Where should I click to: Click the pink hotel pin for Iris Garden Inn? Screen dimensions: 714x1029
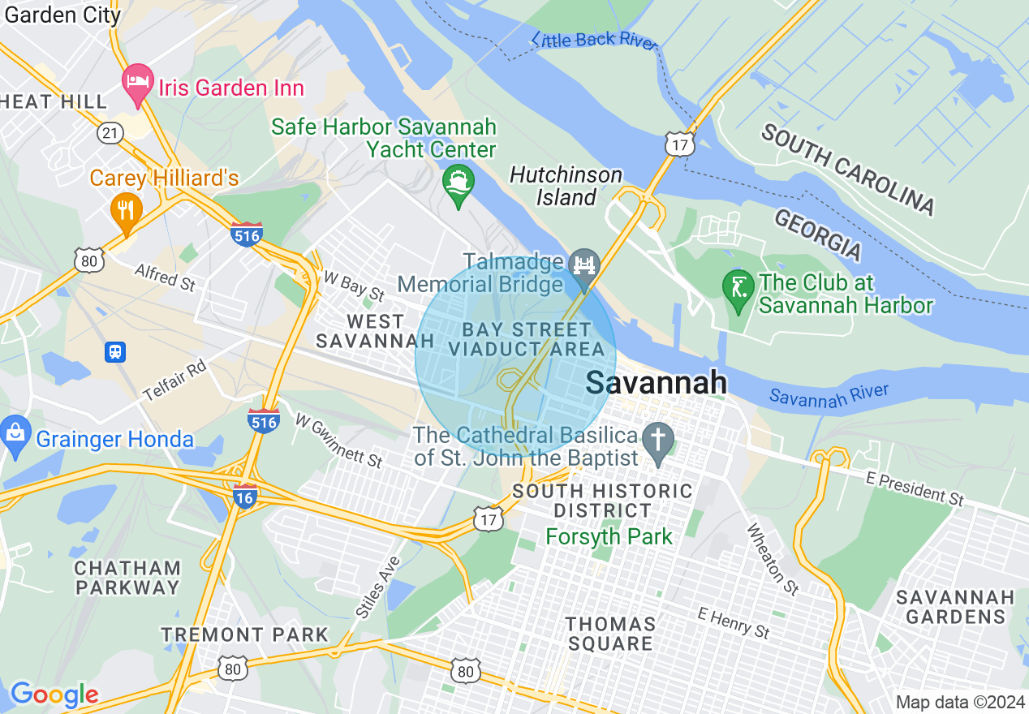138,83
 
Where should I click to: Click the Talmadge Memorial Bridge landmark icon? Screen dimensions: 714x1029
583,265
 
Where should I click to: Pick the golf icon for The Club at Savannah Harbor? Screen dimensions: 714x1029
738,290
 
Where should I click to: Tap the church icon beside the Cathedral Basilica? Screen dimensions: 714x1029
658,441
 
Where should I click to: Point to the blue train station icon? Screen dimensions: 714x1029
115,351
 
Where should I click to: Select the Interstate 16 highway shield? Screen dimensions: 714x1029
245,496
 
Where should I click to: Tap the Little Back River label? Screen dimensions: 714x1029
595,41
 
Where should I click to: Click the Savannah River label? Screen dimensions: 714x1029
829,395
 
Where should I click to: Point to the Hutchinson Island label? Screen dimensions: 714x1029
566,186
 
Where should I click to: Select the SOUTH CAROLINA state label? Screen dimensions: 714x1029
848,170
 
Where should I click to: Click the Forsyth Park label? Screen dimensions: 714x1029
609,536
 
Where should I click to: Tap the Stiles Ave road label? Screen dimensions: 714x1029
377,586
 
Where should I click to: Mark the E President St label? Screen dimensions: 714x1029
915,488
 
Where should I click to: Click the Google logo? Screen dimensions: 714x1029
54,695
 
